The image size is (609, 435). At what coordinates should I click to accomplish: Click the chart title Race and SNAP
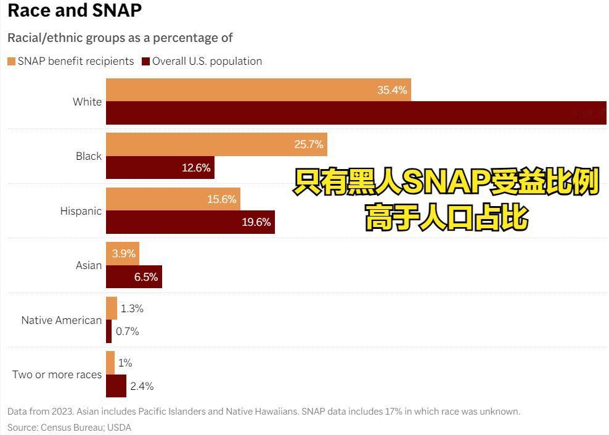(x=75, y=10)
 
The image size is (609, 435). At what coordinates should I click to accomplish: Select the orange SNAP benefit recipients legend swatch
(x=11, y=61)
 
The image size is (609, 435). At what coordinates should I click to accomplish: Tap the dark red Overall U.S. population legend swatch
(x=146, y=61)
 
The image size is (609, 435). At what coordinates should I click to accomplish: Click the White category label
(x=87, y=102)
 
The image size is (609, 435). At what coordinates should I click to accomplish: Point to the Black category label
(x=89, y=156)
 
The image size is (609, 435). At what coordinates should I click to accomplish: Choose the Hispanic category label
(x=81, y=211)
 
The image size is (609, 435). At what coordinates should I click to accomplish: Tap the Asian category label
(x=89, y=265)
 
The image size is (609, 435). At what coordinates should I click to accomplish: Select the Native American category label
(x=62, y=320)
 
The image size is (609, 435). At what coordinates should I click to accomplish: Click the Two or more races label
(x=57, y=375)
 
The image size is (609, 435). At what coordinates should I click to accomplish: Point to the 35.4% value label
(x=392, y=90)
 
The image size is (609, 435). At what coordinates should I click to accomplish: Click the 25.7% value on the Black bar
(x=309, y=144)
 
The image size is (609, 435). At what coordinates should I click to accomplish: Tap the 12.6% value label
(x=196, y=168)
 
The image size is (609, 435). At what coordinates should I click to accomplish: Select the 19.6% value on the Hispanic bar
(x=256, y=222)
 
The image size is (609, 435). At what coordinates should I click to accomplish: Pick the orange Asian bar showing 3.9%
(x=123, y=254)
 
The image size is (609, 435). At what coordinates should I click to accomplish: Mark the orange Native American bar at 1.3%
(x=112, y=308)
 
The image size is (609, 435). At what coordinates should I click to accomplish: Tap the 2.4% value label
(x=142, y=386)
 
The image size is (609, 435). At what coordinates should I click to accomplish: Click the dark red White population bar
(x=339, y=113)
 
